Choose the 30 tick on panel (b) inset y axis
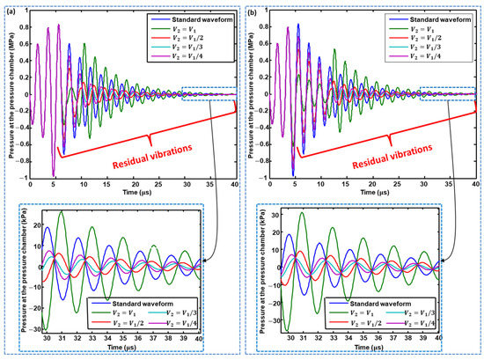pyautogui.click(x=268, y=216)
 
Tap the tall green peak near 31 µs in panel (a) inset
pyautogui.click(x=61, y=212)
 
